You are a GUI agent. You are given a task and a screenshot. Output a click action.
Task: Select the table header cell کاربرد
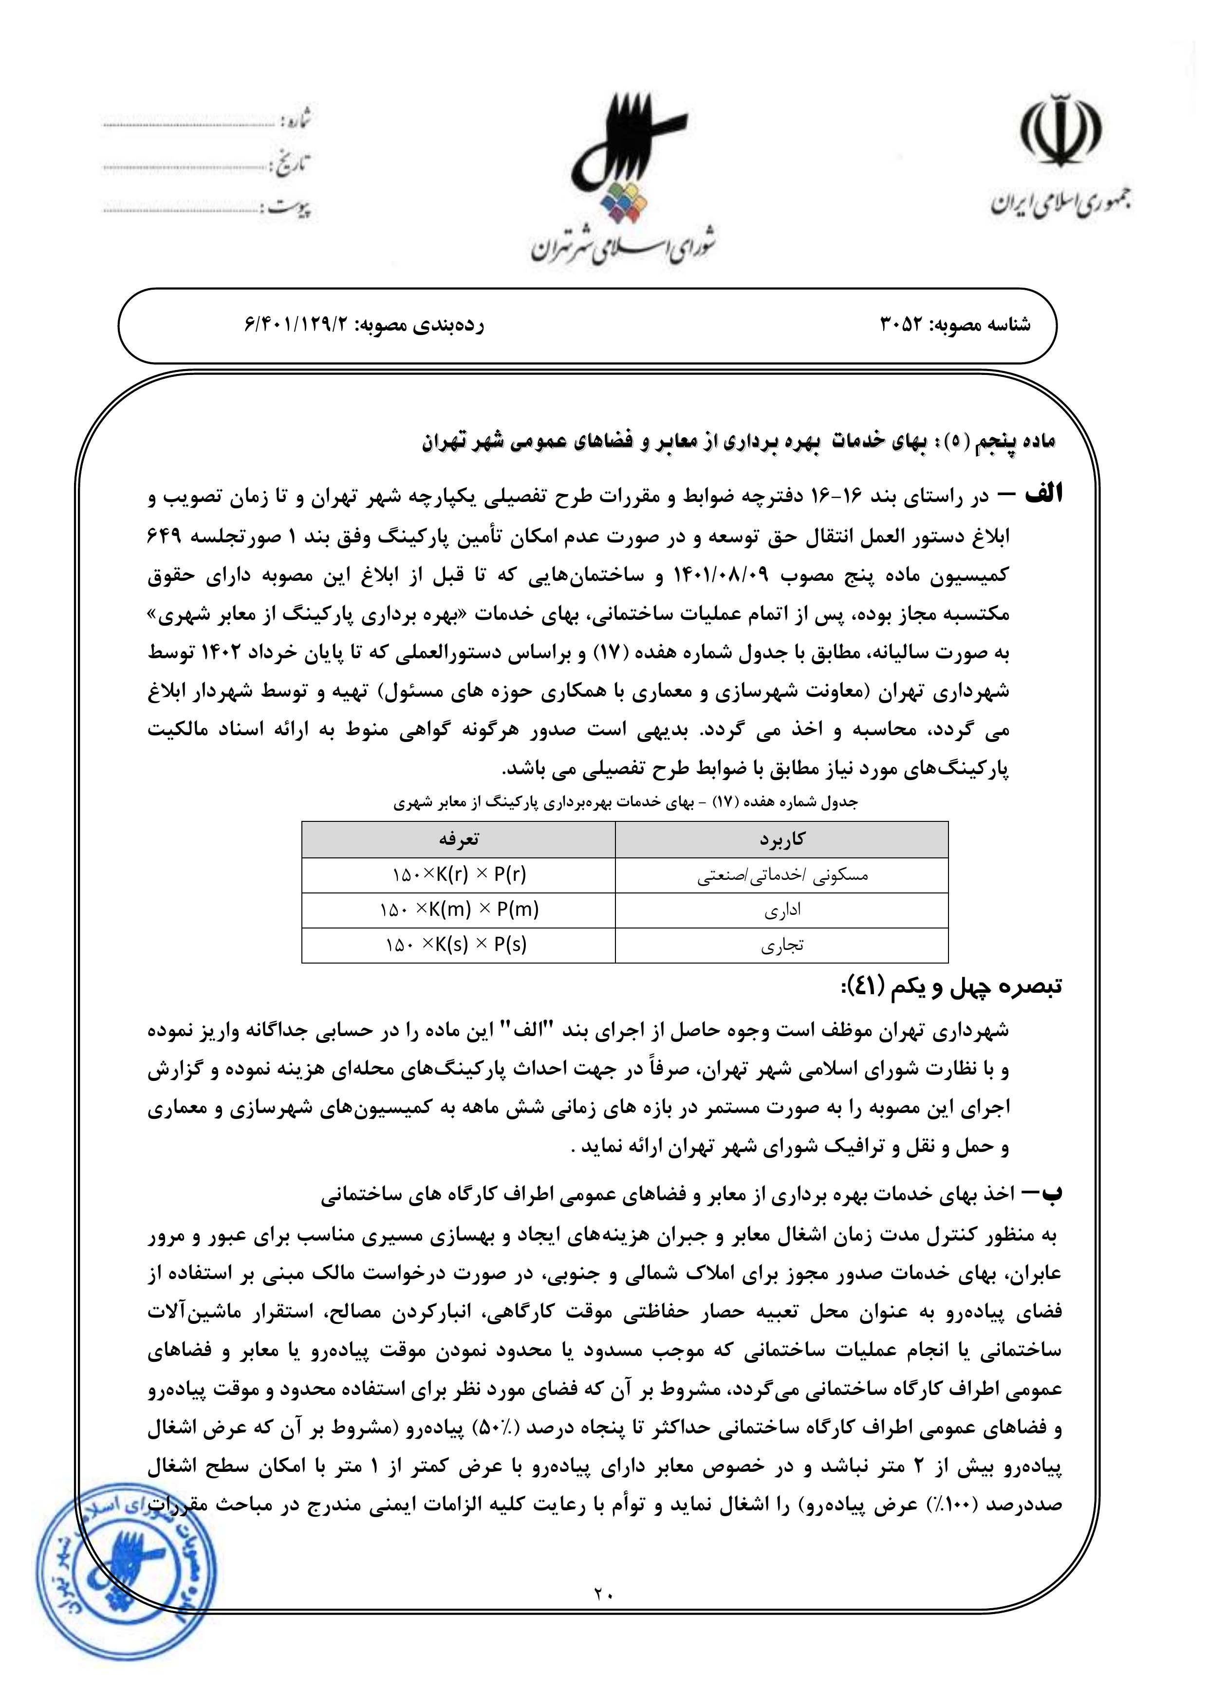(x=782, y=839)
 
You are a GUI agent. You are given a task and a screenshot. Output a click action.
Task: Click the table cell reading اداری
(x=782, y=910)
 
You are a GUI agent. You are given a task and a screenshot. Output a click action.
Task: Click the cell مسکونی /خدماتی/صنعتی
(x=782, y=875)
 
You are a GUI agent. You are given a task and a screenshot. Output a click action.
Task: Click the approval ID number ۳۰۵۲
(x=902, y=325)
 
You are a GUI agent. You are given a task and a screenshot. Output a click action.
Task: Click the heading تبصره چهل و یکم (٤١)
(x=948, y=987)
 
